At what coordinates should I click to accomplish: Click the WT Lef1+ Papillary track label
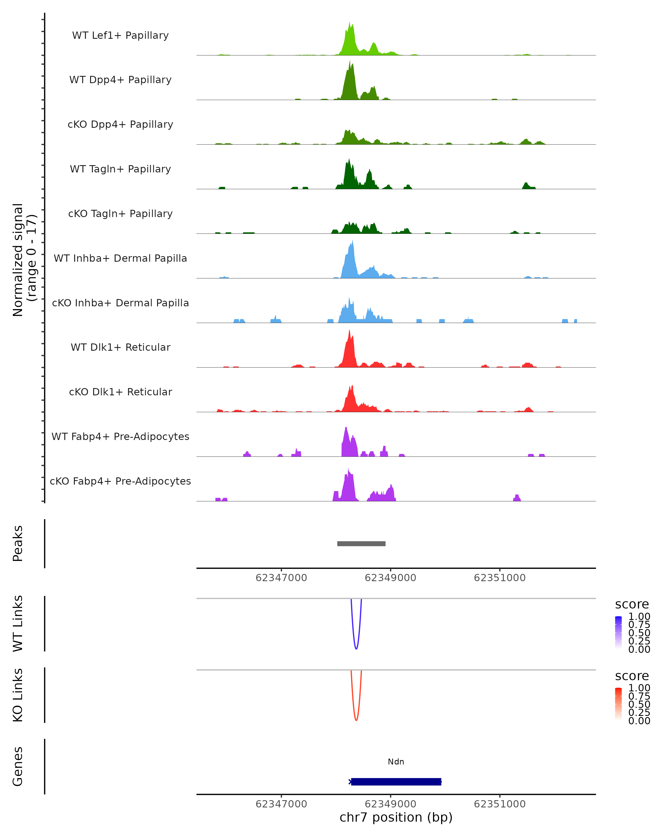120,35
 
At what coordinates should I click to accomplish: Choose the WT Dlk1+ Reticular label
120,347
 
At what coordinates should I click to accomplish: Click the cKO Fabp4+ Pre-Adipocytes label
120,481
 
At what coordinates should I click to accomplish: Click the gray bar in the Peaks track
361,543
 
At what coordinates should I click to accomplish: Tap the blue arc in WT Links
356,648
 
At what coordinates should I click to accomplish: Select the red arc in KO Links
356,719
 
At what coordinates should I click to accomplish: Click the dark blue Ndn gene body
396,781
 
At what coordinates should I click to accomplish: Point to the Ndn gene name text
396,762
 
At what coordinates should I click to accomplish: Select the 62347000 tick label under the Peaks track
281,578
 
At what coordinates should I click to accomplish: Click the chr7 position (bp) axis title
396,817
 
